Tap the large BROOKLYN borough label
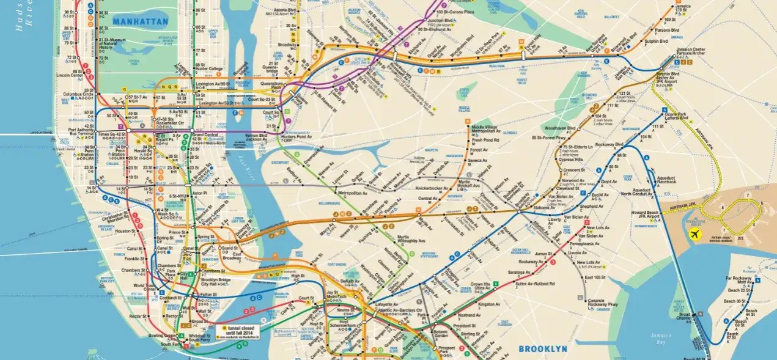[x=543, y=349]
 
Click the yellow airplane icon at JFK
[x=694, y=234]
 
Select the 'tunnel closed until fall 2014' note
[x=238, y=331]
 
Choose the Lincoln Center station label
[x=68, y=75]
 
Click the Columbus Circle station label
[x=77, y=94]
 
